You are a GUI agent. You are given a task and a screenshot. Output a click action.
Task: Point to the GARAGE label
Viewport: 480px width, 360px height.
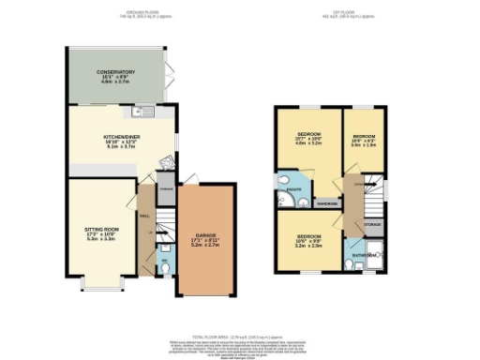click(x=206, y=235)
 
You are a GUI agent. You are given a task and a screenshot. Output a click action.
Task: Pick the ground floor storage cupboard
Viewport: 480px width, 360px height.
click(x=166, y=187)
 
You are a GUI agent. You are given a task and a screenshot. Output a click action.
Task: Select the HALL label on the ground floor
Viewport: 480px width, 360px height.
click(x=144, y=216)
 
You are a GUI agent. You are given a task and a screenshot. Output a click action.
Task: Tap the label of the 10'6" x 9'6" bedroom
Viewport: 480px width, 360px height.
click(x=309, y=239)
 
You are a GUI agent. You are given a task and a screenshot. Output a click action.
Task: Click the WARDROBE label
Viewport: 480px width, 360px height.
click(x=327, y=203)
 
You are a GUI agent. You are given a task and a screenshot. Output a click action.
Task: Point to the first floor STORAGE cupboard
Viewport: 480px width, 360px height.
click(x=372, y=225)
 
